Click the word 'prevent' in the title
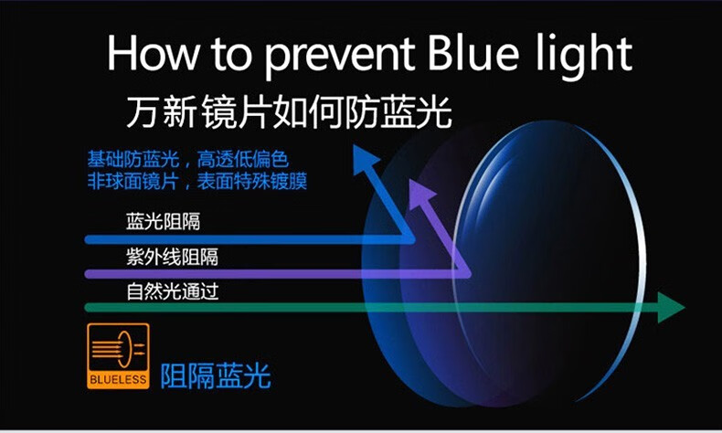point(341,56)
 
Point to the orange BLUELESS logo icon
point(118,355)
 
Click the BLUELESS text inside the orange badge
point(118,380)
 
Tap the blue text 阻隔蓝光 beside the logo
point(216,376)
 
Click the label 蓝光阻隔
point(163,221)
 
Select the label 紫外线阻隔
point(172,257)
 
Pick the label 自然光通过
point(172,291)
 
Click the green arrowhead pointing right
point(671,307)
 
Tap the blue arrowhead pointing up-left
point(366,159)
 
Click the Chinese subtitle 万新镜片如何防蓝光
point(289,111)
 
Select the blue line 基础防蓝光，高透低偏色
point(188,160)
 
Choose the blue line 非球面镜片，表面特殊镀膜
point(197,181)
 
